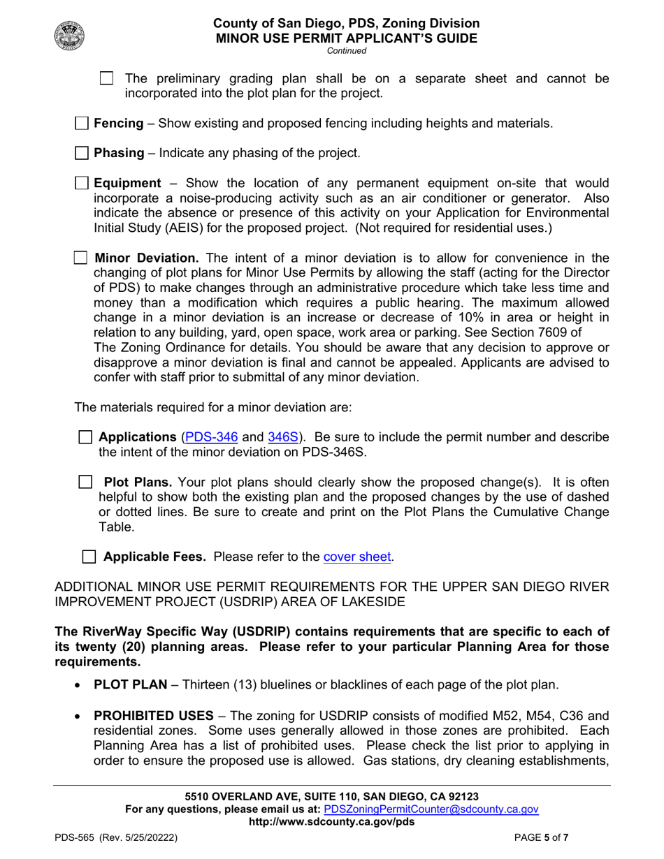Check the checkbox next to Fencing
(82, 124)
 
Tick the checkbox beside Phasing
(82, 152)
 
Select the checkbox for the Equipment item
(82, 184)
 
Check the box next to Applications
(85, 437)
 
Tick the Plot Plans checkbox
(85, 483)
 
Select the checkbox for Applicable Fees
(89, 557)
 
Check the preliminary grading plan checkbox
(107, 78)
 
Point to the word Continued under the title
(346, 50)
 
